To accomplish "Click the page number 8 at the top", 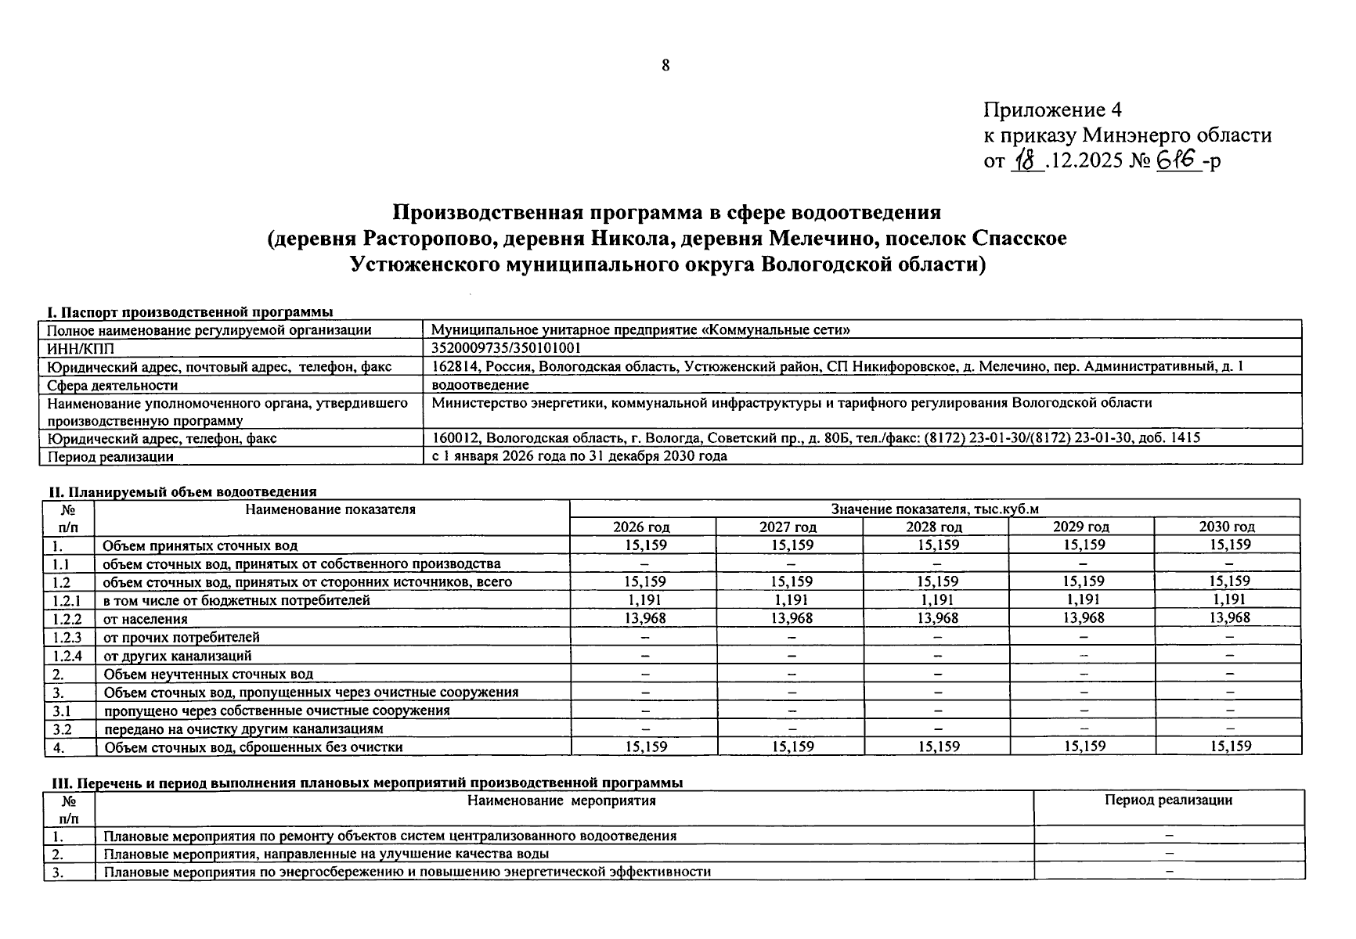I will coord(665,66).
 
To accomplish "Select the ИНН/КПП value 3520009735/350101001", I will coord(507,347).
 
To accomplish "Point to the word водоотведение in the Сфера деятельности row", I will coord(480,385).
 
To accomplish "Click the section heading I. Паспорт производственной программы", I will coord(186,311).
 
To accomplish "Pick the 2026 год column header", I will coord(641,527).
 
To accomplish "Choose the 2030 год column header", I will coord(1227,527).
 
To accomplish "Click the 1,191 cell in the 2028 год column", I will coord(937,600).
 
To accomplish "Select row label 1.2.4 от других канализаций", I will coord(178,656).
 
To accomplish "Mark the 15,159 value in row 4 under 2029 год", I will coord(1084,747).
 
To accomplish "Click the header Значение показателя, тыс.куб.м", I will coord(935,509).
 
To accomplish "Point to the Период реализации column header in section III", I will coord(1168,800).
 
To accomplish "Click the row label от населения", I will coord(146,619).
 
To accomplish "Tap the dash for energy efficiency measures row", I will coord(1170,871).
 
